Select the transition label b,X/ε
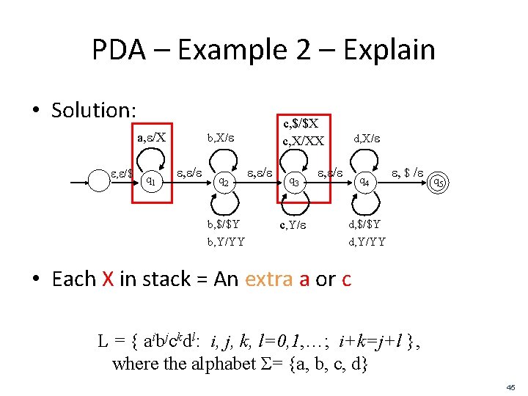[x=223, y=137]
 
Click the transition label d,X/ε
[x=367, y=137]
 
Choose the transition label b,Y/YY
[x=226, y=241]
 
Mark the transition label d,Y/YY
[x=366, y=241]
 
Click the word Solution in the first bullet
[x=93, y=110]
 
